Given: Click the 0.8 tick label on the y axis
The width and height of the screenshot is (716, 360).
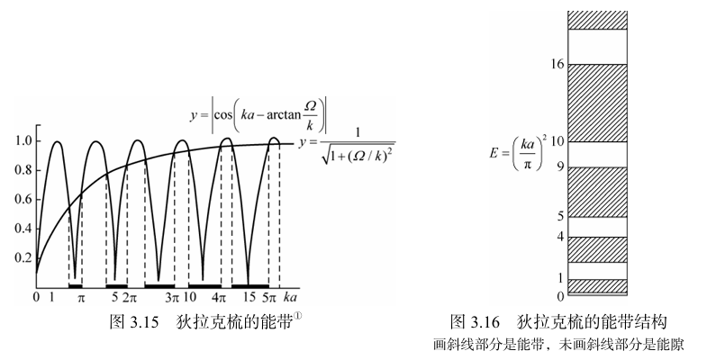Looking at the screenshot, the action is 23,170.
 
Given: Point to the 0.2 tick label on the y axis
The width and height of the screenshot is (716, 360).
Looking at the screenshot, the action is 23,257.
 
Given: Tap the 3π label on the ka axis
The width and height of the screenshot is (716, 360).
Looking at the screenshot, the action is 172,298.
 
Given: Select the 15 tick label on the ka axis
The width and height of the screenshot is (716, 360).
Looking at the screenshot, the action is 249,298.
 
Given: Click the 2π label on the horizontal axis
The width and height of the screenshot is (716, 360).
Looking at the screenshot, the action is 130,298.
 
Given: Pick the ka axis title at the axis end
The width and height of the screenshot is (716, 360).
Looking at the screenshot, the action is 290,298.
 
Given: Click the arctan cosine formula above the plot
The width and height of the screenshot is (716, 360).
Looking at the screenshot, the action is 258,114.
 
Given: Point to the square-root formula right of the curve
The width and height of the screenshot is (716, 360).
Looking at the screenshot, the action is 347,146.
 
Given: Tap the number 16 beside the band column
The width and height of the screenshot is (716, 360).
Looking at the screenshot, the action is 557,64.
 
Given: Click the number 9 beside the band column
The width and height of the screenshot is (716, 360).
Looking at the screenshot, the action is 560,167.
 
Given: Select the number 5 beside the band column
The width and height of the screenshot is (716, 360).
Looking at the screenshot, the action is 560,216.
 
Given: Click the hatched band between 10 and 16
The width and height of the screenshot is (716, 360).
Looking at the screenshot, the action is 598,103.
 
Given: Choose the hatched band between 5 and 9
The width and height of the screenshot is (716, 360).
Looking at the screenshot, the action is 598,192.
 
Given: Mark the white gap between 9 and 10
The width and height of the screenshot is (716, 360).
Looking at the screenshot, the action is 598,154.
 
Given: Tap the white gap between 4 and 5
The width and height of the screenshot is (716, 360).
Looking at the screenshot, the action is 598,227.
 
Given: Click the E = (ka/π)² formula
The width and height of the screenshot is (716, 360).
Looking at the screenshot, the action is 518,152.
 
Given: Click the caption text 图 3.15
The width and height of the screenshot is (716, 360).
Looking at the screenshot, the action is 134,322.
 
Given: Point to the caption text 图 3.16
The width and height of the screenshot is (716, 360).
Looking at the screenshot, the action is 475,322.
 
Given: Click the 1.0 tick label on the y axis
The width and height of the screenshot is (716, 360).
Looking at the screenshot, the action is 23,140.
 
